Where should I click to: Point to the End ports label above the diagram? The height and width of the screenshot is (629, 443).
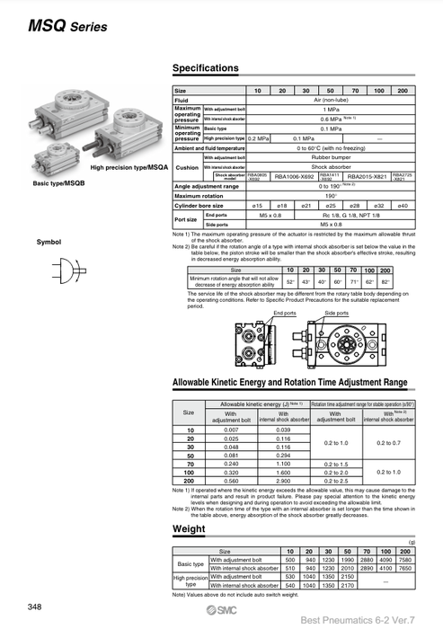(x=284, y=313)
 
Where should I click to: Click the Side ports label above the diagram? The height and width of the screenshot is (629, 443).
(x=336, y=313)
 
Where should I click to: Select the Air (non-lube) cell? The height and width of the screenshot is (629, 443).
(x=330, y=100)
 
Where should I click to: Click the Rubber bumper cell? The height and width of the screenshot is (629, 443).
(x=330, y=157)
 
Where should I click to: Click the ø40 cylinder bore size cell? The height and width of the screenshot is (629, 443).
(x=402, y=206)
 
